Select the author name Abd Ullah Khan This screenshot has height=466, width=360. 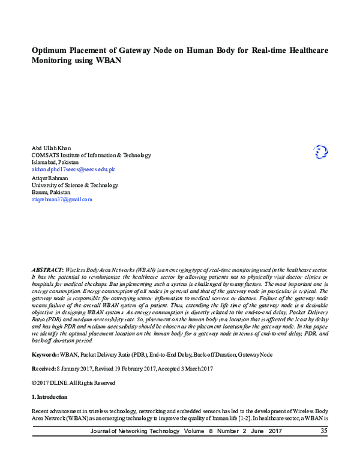point(51,148)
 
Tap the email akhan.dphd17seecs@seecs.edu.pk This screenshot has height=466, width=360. point(73,169)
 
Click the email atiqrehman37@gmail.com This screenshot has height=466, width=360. point(62,199)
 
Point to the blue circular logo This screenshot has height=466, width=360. point(321,152)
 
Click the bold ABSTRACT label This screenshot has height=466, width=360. point(46,271)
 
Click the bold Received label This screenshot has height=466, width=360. point(45,369)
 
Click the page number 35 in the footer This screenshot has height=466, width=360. point(324,431)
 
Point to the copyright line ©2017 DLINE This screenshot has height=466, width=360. point(64,383)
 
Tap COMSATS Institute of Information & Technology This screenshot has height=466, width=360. point(91,155)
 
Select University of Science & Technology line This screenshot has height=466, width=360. point(74,185)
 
